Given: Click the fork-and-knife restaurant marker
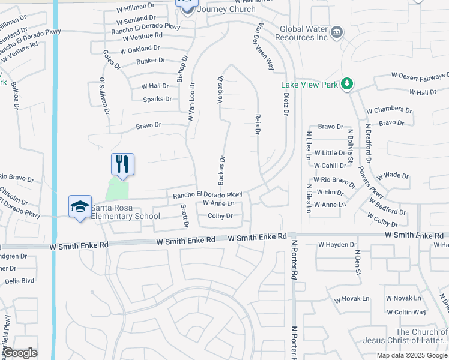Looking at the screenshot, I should (x=122, y=164).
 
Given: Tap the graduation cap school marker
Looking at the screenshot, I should (x=79, y=206).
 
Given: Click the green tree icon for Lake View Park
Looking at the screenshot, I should (x=346, y=85).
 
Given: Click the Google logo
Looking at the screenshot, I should (x=20, y=353).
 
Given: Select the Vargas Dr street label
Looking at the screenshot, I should (x=220, y=89).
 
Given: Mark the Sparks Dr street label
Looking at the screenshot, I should (x=157, y=99).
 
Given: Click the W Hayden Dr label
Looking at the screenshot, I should (x=337, y=245).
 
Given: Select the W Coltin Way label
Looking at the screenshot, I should (x=406, y=312).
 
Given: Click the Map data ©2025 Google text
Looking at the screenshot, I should (x=411, y=355).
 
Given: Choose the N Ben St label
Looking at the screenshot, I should (x=358, y=264).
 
